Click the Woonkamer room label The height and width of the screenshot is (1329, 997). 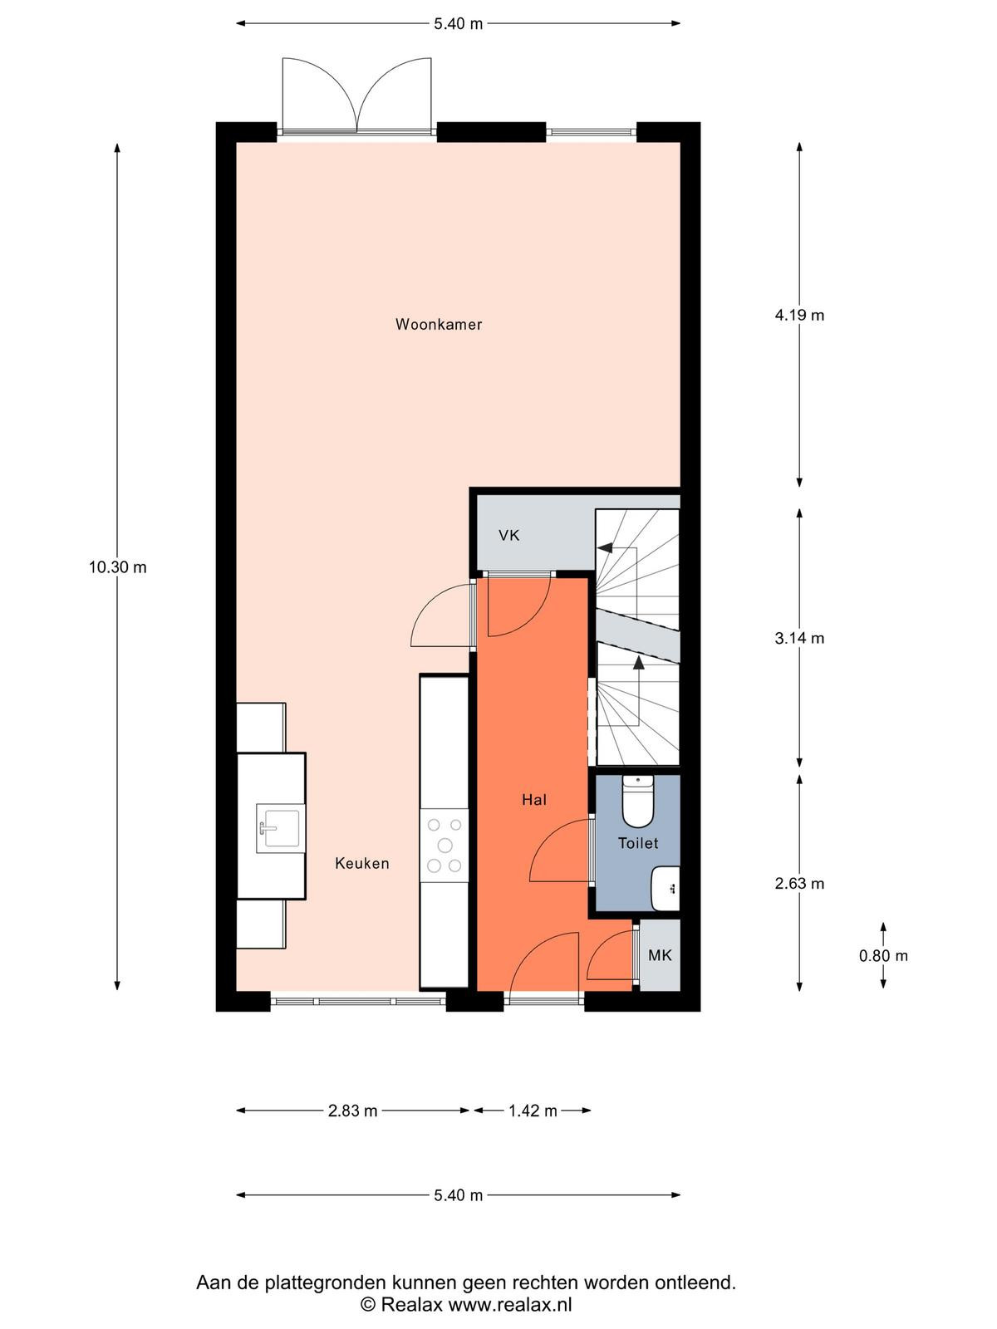click(x=439, y=325)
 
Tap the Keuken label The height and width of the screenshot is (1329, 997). click(x=362, y=863)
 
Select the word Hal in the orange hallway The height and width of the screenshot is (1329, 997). click(x=534, y=800)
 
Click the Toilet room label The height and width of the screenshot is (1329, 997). click(x=638, y=843)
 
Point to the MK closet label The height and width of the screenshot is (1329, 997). click(x=660, y=955)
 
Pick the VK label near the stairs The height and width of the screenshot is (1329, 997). click(x=509, y=535)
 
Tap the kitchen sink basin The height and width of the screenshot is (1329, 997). click(x=278, y=828)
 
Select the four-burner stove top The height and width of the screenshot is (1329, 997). click(x=444, y=846)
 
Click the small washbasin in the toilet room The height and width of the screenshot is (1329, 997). click(x=665, y=889)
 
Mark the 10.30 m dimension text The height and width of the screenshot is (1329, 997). click(x=117, y=567)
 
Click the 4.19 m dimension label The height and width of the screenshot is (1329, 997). click(x=799, y=315)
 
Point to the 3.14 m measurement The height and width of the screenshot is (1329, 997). click(x=799, y=638)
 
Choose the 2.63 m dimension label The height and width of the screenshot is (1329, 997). click(x=799, y=884)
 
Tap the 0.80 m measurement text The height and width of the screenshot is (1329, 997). click(x=883, y=955)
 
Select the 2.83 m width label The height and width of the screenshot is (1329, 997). click(x=353, y=1111)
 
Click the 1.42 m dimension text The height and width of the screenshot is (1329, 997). click(x=533, y=1111)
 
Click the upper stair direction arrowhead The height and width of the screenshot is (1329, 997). click(x=605, y=548)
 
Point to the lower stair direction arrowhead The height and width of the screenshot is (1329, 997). click(x=639, y=663)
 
